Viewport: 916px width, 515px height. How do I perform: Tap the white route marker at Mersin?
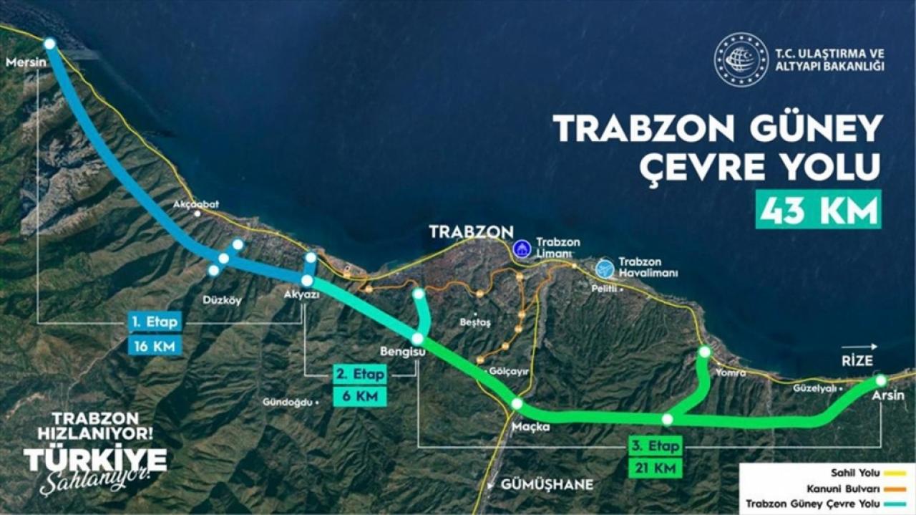pyautogui.click(x=49, y=44)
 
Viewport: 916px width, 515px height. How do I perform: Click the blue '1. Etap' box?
pyautogui.click(x=154, y=322)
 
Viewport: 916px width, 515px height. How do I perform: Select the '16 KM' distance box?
pyautogui.click(x=154, y=346)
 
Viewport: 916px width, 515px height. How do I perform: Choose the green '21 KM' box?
pyautogui.click(x=654, y=469)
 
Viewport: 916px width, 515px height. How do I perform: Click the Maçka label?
pyautogui.click(x=530, y=427)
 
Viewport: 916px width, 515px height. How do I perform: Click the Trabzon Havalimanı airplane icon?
pyautogui.click(x=605, y=267)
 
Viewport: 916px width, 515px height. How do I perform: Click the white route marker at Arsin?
pyautogui.click(x=881, y=380)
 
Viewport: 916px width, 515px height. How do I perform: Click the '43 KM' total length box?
pyautogui.click(x=819, y=211)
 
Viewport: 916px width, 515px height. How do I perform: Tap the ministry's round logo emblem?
pyautogui.click(x=741, y=60)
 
